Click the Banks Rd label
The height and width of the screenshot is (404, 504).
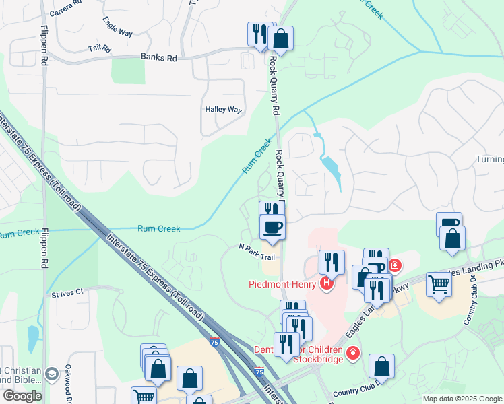(158, 59)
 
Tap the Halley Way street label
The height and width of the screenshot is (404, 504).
(223, 110)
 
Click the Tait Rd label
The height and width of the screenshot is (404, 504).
(99, 49)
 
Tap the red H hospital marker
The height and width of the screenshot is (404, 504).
(327, 284)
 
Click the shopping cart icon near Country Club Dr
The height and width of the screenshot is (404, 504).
(438, 285)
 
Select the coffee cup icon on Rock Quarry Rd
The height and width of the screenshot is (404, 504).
(272, 228)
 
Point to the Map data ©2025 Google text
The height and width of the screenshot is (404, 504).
(462, 399)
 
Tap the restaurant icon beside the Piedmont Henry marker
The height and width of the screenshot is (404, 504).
(331, 261)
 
